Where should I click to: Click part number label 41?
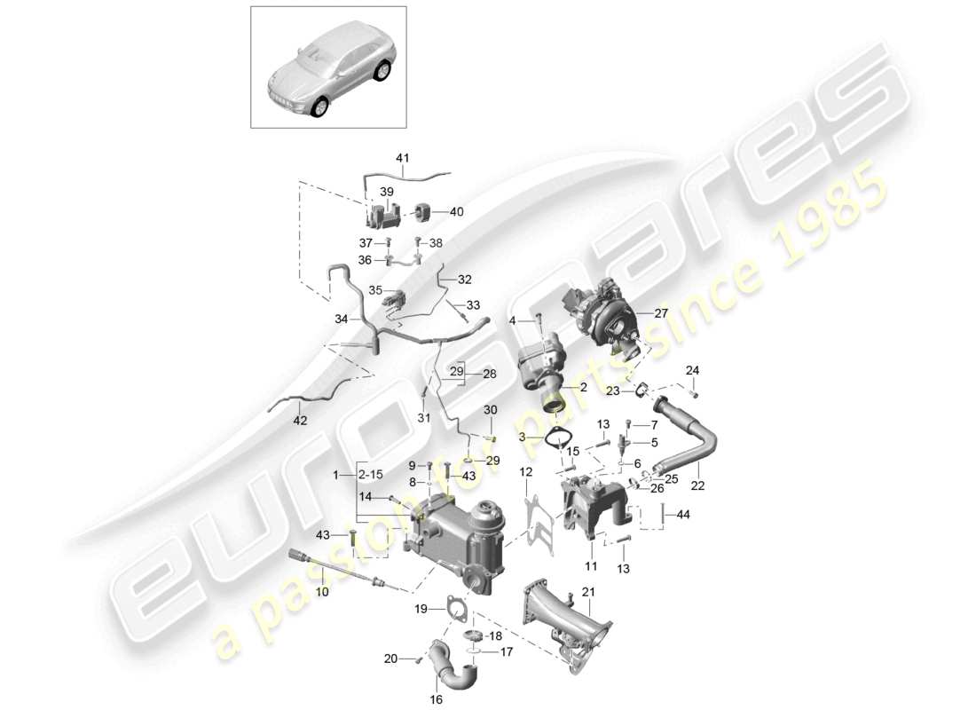[403, 159]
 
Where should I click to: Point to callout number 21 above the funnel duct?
[588, 592]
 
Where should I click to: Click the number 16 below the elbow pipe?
[436, 699]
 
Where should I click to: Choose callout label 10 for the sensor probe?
[321, 590]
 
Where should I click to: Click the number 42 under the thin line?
[300, 420]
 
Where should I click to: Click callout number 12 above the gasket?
[526, 471]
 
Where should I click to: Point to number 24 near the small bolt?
[692, 370]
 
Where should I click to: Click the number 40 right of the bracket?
[457, 212]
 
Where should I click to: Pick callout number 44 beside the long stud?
[682, 514]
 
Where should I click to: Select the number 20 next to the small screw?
[391, 659]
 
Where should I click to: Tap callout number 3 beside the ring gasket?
[523, 436]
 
